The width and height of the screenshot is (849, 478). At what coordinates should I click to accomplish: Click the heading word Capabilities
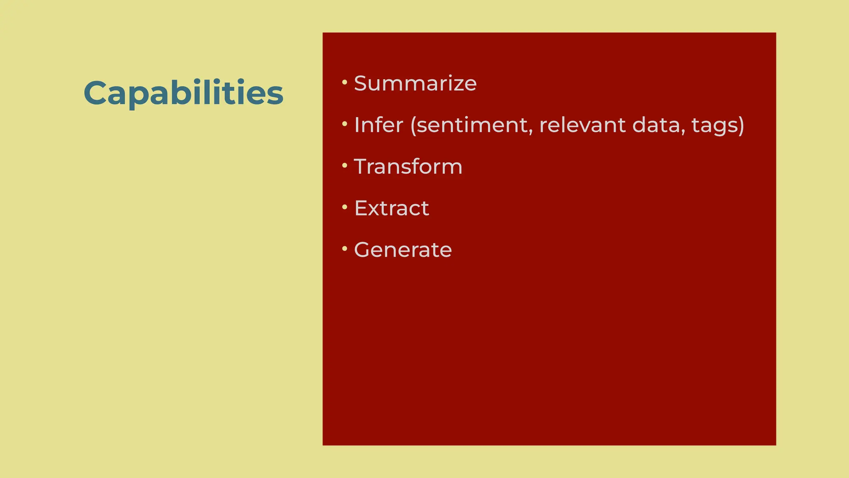point(183,93)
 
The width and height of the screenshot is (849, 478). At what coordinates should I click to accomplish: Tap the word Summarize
point(415,83)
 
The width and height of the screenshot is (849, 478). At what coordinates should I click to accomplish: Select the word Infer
point(378,125)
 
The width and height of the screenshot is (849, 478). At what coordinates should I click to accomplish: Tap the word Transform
point(408,166)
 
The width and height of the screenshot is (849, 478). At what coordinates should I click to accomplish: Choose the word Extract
point(391,208)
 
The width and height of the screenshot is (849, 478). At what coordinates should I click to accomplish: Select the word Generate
point(403,249)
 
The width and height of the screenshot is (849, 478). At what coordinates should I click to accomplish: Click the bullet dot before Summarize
point(344,82)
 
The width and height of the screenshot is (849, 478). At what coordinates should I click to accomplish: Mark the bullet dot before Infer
point(344,124)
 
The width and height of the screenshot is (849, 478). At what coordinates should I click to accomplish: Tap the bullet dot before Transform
point(344,165)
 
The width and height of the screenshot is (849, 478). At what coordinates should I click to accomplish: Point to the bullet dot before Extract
point(344,207)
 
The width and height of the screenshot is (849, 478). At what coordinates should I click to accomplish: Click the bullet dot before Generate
point(344,248)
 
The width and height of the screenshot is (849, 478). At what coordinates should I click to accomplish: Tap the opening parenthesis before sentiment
point(413,125)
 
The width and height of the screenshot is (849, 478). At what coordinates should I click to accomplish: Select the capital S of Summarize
point(361,83)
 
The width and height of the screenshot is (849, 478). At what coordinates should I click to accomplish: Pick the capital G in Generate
point(363,249)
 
